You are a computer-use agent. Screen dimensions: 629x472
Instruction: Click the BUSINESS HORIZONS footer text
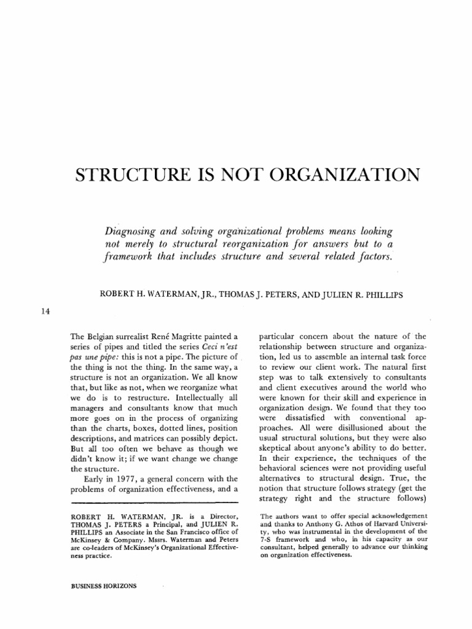pyautogui.click(x=104, y=586)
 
